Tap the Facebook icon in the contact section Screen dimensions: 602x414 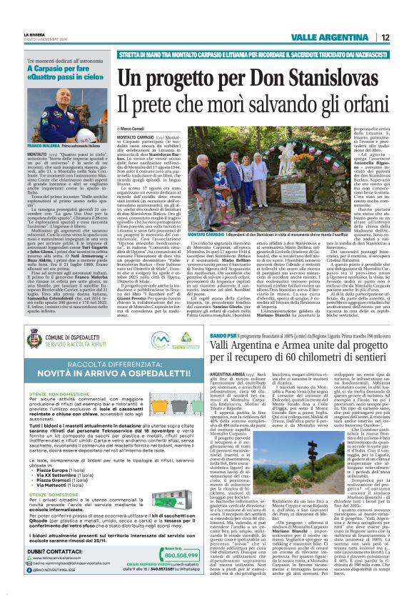pos(31,571)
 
